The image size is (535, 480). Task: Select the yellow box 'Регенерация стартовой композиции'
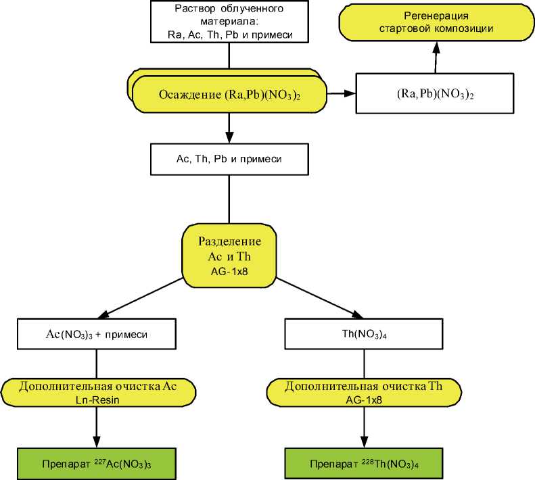(436, 23)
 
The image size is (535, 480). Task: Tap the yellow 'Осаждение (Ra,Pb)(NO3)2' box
(229, 95)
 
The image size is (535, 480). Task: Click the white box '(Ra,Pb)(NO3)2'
(436, 94)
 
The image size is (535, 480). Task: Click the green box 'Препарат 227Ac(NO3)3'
(97, 464)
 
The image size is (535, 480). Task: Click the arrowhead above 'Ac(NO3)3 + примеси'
(101, 313)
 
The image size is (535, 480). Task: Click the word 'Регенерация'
(436, 16)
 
